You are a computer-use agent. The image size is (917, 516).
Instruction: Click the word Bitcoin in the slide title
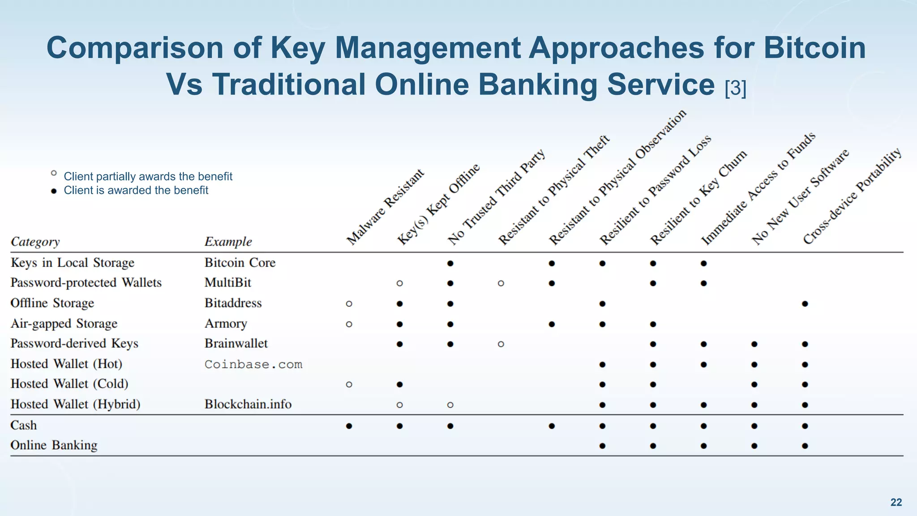[814, 47]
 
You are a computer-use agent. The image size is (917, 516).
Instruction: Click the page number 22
[896, 502]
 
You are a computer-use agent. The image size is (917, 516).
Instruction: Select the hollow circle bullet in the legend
[54, 173]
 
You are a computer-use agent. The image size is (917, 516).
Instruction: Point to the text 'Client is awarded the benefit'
[136, 190]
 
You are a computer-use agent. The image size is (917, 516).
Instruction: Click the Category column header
[35, 241]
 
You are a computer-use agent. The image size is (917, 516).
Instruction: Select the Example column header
[228, 241]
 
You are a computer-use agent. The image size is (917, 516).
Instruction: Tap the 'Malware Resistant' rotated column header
[385, 207]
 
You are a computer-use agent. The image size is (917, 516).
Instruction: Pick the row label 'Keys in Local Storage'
[72, 262]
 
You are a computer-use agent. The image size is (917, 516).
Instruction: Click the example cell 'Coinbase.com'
[253, 364]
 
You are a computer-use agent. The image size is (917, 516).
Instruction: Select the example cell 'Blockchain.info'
[248, 404]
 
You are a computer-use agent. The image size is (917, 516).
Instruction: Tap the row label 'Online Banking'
[54, 445]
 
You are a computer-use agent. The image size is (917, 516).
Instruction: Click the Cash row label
[24, 425]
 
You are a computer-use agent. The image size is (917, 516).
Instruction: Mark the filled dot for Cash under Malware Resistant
[349, 426]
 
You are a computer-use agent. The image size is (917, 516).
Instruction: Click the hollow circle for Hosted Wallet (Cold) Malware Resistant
[349, 384]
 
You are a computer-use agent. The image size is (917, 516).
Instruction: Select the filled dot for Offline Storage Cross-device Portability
[805, 304]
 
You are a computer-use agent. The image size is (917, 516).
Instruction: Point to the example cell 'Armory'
[226, 323]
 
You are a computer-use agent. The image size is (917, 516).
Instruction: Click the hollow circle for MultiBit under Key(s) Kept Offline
[399, 283]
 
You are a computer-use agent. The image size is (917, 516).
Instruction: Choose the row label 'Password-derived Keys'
[74, 344]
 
